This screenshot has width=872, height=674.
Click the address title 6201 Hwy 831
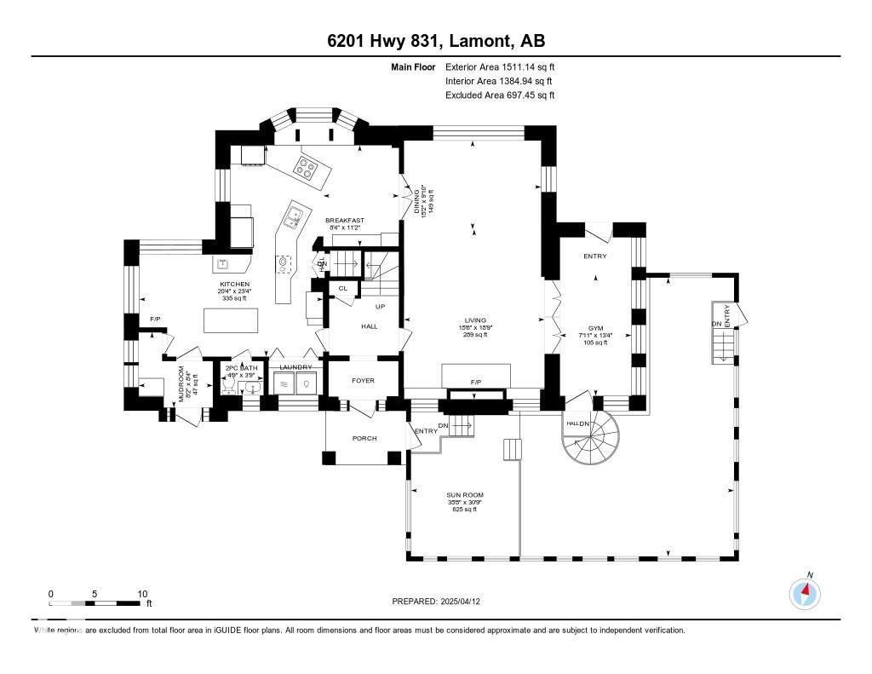436,41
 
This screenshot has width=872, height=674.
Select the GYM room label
594,327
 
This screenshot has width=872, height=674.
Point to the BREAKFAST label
345,221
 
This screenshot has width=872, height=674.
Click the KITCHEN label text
233,284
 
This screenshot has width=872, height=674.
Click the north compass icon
806,592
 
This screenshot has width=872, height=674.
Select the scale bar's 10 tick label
142,594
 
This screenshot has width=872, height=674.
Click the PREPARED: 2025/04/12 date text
441,602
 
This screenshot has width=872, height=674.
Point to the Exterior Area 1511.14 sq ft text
500,66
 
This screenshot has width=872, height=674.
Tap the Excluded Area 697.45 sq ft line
500,95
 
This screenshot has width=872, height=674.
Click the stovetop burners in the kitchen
307,166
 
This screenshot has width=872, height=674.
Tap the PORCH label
364,438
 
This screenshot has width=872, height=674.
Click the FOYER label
364,380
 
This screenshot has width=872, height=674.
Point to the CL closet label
343,289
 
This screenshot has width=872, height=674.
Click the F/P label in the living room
475,383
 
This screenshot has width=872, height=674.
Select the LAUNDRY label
295,367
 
